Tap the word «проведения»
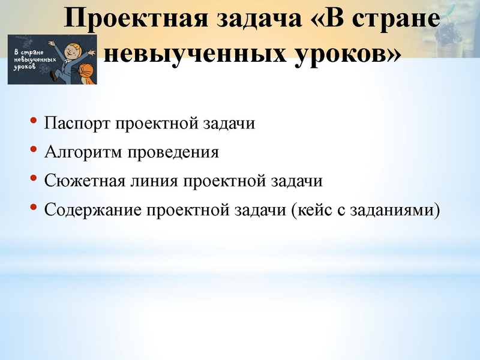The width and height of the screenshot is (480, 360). coord(172,152)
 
